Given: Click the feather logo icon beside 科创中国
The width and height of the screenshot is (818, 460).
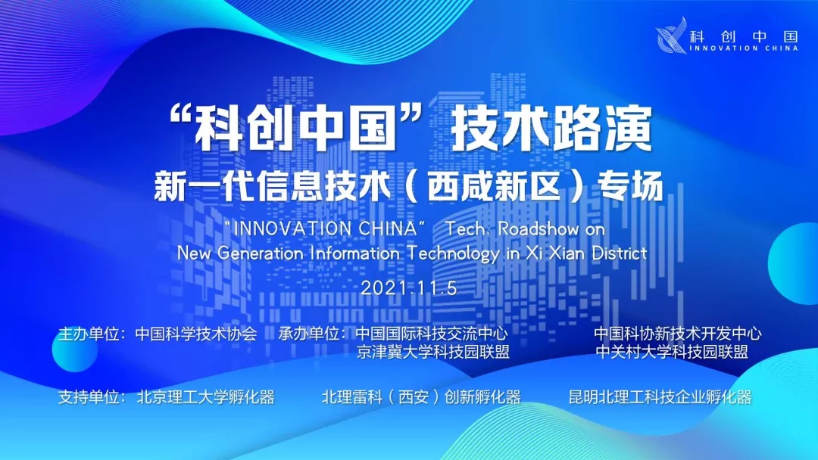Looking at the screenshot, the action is click(672, 36).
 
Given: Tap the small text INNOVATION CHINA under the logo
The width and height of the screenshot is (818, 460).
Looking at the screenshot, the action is click(744, 48).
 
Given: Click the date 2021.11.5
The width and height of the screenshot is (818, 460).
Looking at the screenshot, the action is click(408, 288).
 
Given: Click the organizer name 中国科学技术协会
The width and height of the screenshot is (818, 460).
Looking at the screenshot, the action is click(196, 334).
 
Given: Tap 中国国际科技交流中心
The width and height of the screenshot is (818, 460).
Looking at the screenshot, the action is click(432, 334).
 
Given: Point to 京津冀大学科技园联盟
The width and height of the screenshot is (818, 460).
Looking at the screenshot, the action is click(433, 352).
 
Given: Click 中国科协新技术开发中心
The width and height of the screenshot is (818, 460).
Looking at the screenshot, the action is click(678, 334).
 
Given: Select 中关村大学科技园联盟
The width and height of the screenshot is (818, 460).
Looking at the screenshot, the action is click(673, 352).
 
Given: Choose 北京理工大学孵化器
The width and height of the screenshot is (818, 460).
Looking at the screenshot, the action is click(205, 397).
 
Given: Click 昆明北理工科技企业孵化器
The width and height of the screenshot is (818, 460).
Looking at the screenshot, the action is click(660, 397).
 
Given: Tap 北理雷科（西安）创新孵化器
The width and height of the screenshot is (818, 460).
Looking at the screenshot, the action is click(421, 397).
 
